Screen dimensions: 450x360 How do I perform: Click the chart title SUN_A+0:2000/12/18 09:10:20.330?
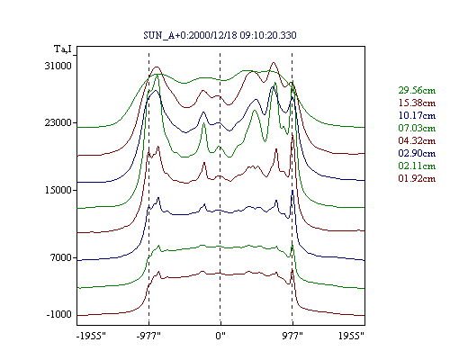220,35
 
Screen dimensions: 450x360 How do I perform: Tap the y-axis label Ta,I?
63,49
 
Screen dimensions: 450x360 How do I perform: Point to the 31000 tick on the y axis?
58,66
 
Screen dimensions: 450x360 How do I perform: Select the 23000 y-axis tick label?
58,122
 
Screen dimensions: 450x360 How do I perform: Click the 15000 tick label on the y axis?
58,190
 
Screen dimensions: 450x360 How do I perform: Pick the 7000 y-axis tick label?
61,257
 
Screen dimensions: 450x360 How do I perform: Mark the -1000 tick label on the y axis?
59,314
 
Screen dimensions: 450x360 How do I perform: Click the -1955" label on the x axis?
91,336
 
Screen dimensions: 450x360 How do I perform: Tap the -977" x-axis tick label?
148,336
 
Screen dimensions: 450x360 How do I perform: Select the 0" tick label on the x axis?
220,336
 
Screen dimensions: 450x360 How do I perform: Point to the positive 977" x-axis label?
292,336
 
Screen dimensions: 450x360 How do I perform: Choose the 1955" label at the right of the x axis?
351,336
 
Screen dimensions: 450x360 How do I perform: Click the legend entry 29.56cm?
417,90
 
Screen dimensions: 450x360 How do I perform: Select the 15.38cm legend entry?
417,103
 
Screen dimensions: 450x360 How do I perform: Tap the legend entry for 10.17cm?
417,115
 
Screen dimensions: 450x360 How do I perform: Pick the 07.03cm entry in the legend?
417,128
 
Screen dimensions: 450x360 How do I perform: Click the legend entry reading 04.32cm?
417,140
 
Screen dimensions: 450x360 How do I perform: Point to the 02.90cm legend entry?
417,153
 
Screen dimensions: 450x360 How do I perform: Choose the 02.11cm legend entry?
417,166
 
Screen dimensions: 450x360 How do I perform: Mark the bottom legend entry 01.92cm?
417,178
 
